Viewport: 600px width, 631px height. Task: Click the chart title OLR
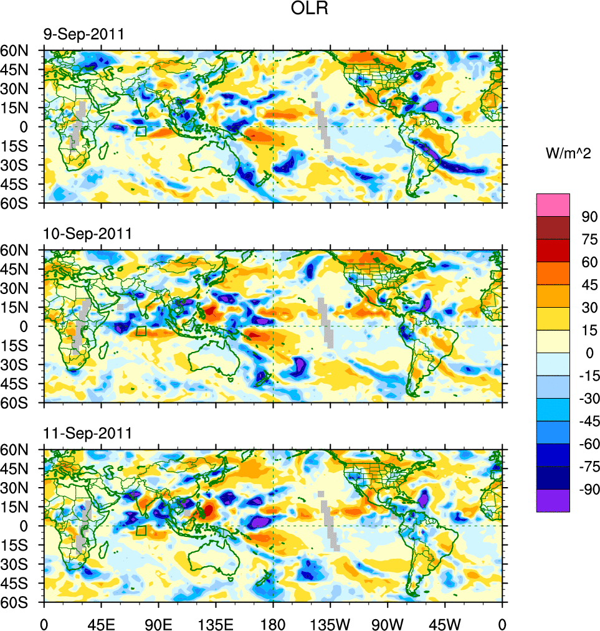coord(309,9)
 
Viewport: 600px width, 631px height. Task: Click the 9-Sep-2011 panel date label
coord(83,34)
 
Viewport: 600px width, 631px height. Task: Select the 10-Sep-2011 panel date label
coord(87,234)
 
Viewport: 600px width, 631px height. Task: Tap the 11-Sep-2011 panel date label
coord(87,433)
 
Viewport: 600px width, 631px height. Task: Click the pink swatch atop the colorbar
coord(553,204)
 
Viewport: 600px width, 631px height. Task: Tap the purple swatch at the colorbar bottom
coord(553,501)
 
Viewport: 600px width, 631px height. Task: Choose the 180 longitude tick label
coord(273,623)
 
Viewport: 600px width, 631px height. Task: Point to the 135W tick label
coord(330,623)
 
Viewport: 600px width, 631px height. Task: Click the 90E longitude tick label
coord(158,623)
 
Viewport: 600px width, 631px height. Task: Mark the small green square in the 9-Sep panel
coord(141,131)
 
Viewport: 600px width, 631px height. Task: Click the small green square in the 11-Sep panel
coord(141,531)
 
